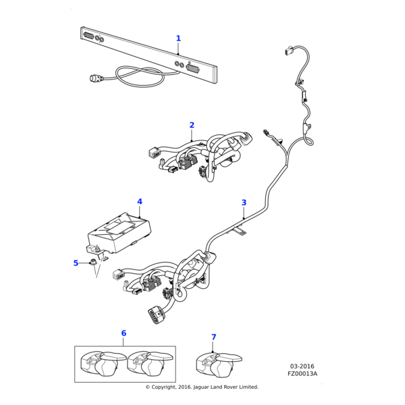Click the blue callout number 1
tap(178, 38)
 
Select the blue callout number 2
tap(192, 125)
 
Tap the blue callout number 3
tap(244, 202)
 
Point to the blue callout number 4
tap(140, 201)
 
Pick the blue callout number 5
tap(76, 263)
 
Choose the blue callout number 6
tap(124, 333)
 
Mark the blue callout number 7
tap(214, 337)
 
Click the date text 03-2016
tap(302, 367)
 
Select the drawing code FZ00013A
tap(302, 374)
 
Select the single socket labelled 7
tap(217, 365)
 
